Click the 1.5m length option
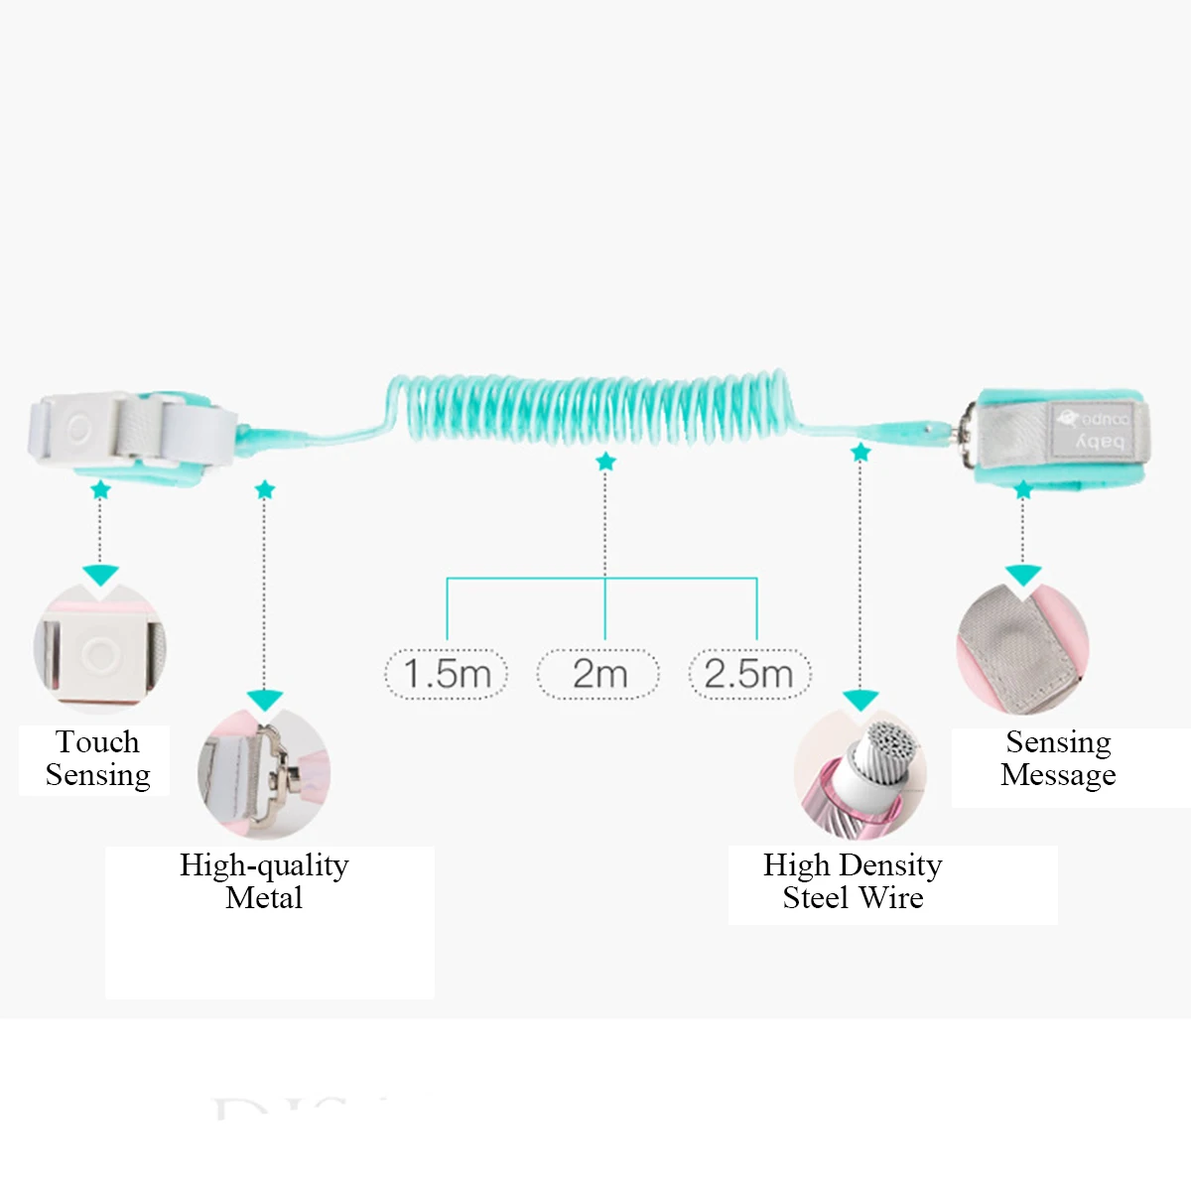[447, 674]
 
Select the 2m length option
[598, 674]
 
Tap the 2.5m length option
[749, 674]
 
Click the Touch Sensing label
[97, 758]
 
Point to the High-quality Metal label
[264, 881]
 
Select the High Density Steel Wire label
[853, 881]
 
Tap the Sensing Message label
[1058, 758]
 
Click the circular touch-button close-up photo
[100, 650]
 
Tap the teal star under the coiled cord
[605, 462]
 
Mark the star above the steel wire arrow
[860, 453]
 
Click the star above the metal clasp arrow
[264, 489]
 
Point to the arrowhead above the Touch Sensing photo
[100, 575]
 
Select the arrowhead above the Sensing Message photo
[1023, 575]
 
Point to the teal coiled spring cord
[595, 407]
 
